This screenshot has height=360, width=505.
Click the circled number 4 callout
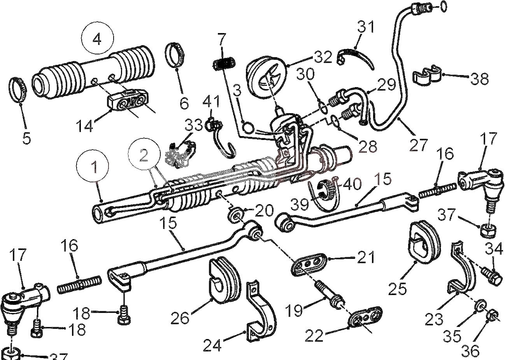tap(98, 38)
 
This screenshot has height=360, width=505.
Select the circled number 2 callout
tap(144, 155)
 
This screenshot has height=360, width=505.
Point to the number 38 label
tap(480, 79)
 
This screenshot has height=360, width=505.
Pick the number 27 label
tap(419, 145)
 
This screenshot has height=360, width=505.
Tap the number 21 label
tap(366, 257)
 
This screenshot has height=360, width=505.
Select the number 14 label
tap(84, 126)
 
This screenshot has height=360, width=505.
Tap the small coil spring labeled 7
tap(224, 63)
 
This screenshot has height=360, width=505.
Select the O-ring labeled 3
tap(249, 128)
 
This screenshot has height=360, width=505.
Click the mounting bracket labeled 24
tap(261, 312)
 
